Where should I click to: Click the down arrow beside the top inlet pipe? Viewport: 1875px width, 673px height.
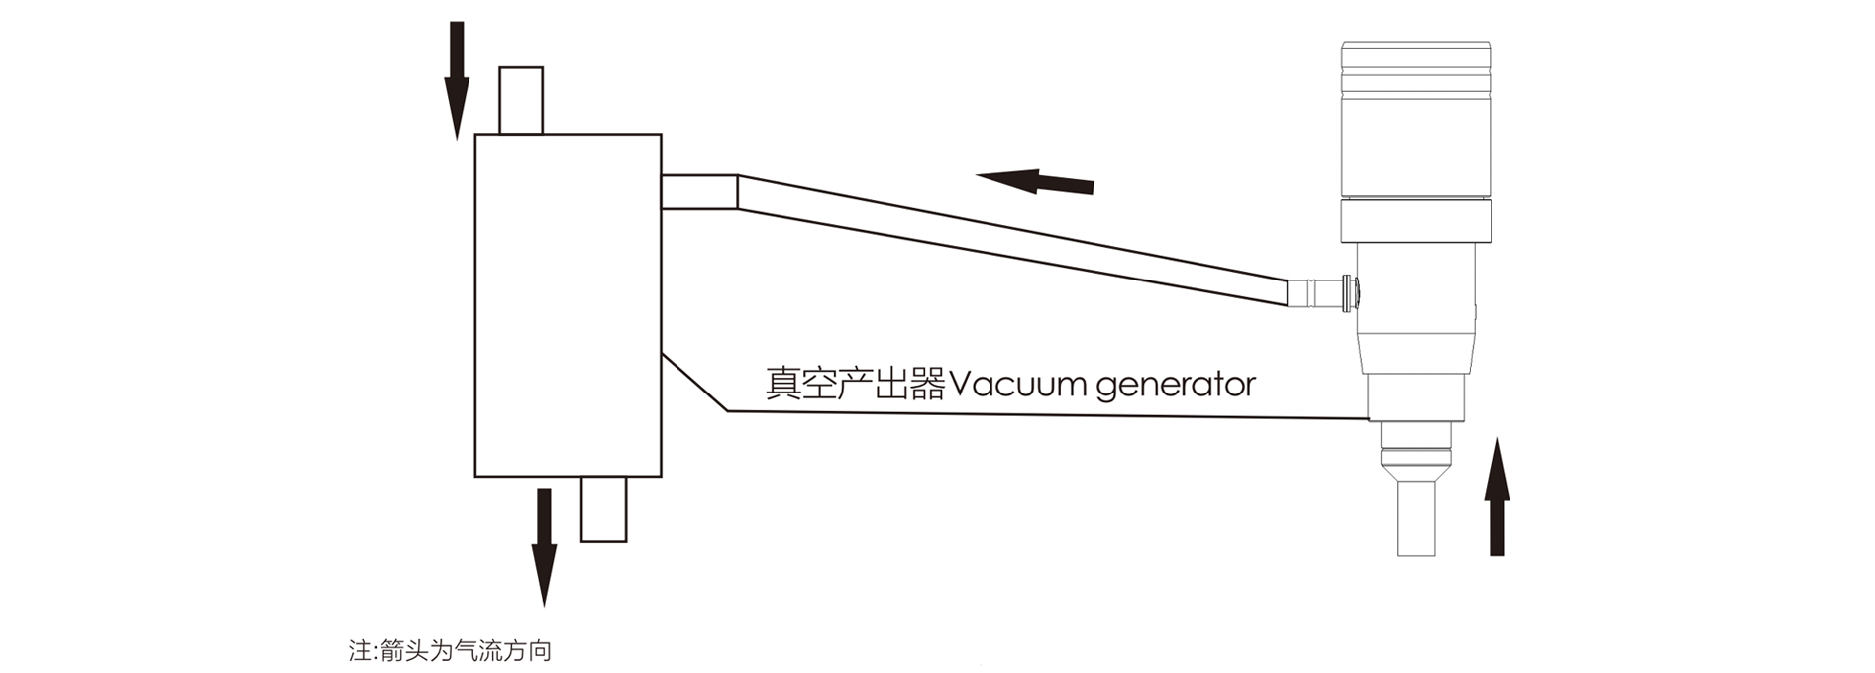[x=456, y=79]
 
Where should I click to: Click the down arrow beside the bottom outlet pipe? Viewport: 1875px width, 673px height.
[x=543, y=545]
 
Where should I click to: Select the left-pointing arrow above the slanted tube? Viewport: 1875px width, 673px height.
[x=1035, y=181]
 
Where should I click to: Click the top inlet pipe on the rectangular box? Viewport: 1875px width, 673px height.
[x=521, y=100]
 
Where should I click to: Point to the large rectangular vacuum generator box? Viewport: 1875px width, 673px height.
[x=568, y=304]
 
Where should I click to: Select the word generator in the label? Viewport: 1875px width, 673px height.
[x=1176, y=385]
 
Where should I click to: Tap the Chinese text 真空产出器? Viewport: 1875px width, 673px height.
[x=855, y=385]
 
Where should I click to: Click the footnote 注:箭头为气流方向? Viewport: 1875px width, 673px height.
[x=450, y=651]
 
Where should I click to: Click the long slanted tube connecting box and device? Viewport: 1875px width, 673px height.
[x=1010, y=238]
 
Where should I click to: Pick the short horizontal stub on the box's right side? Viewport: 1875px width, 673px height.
[x=699, y=192]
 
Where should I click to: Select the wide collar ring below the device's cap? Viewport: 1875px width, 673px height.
[x=1415, y=221]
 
